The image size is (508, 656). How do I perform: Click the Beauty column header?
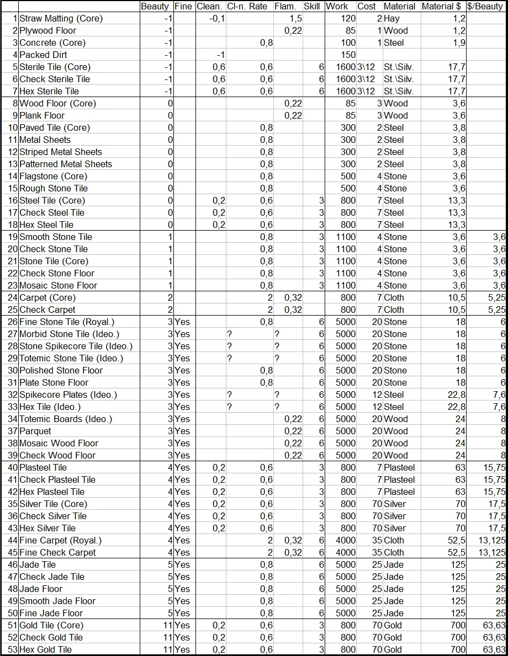click(155, 7)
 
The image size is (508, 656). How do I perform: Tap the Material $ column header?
click(443, 7)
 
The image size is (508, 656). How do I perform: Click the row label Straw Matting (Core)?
click(61, 19)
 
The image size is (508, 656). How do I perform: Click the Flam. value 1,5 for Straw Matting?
click(295, 19)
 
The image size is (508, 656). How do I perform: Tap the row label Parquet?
click(35, 431)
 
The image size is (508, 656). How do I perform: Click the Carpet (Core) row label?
click(47, 297)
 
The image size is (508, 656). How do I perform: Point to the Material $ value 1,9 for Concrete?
click(459, 42)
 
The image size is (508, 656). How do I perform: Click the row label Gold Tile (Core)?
click(51, 625)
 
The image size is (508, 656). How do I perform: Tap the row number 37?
click(13, 431)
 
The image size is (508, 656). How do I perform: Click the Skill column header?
click(312, 7)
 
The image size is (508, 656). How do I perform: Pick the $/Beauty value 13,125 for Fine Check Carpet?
click(491, 552)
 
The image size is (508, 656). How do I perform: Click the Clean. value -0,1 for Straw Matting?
click(217, 19)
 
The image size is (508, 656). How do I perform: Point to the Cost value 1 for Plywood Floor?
click(379, 30)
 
